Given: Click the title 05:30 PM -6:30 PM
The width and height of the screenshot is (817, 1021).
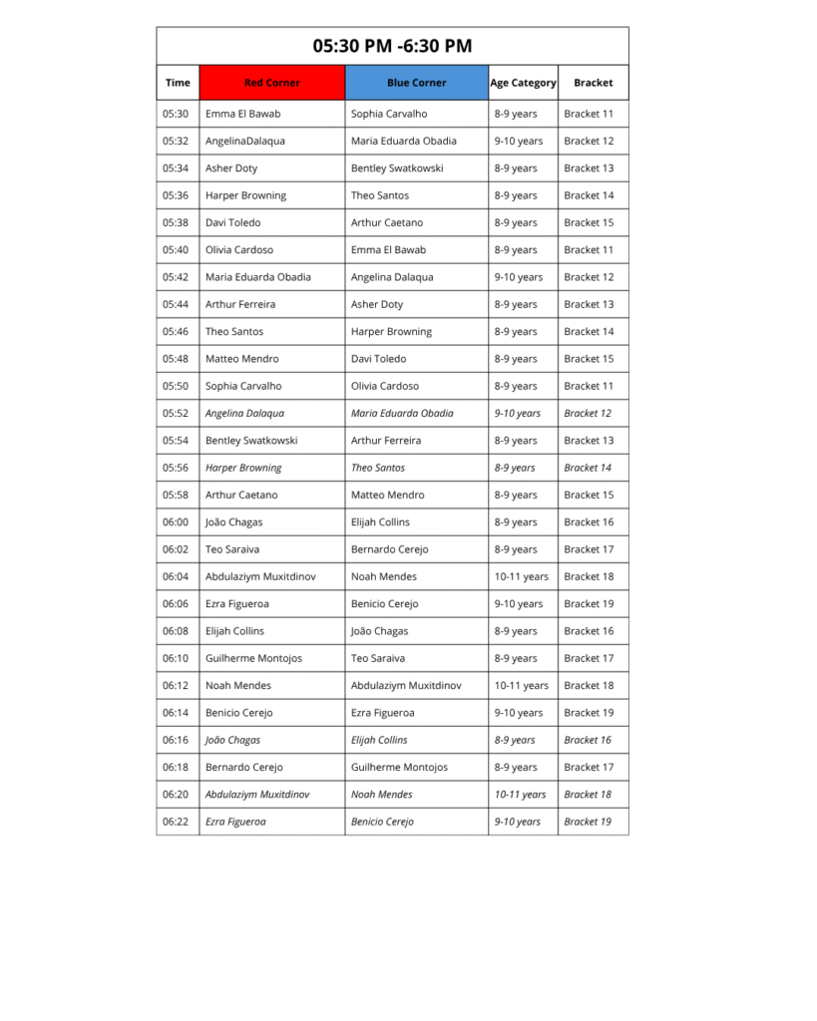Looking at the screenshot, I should click(x=392, y=46).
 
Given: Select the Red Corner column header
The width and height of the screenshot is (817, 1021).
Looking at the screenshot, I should click(x=271, y=83).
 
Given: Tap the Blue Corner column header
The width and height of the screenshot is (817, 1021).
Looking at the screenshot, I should click(x=416, y=83).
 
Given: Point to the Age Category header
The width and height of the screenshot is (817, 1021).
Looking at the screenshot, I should click(x=523, y=83).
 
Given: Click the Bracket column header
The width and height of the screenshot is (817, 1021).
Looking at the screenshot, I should click(x=593, y=83).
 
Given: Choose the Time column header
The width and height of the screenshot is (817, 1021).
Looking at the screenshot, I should click(x=178, y=83).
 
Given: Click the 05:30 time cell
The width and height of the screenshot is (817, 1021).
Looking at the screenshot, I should click(x=176, y=114).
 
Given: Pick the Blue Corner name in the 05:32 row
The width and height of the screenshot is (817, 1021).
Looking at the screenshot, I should click(x=403, y=141).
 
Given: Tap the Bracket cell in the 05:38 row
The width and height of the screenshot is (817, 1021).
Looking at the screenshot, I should click(x=589, y=222).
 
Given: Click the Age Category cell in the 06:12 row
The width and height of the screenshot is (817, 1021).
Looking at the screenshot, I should click(x=521, y=685).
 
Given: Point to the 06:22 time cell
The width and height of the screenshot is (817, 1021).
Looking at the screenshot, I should click(x=176, y=822).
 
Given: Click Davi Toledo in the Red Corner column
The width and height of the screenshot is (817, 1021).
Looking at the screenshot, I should click(x=232, y=222).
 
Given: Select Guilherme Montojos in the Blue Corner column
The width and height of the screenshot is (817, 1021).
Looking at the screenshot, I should click(x=399, y=767).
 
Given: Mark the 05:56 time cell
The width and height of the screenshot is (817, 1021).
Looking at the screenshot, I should click(x=176, y=468).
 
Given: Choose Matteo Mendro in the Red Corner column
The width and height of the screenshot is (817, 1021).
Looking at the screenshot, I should click(x=241, y=359).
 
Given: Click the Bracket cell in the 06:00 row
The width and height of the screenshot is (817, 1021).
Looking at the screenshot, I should click(x=589, y=521).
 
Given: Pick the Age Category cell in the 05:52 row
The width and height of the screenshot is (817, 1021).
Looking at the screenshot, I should click(x=517, y=413).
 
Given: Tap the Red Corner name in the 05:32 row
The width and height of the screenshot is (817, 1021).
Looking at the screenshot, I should click(x=244, y=141).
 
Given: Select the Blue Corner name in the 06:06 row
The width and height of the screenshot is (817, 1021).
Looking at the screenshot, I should click(x=384, y=603).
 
